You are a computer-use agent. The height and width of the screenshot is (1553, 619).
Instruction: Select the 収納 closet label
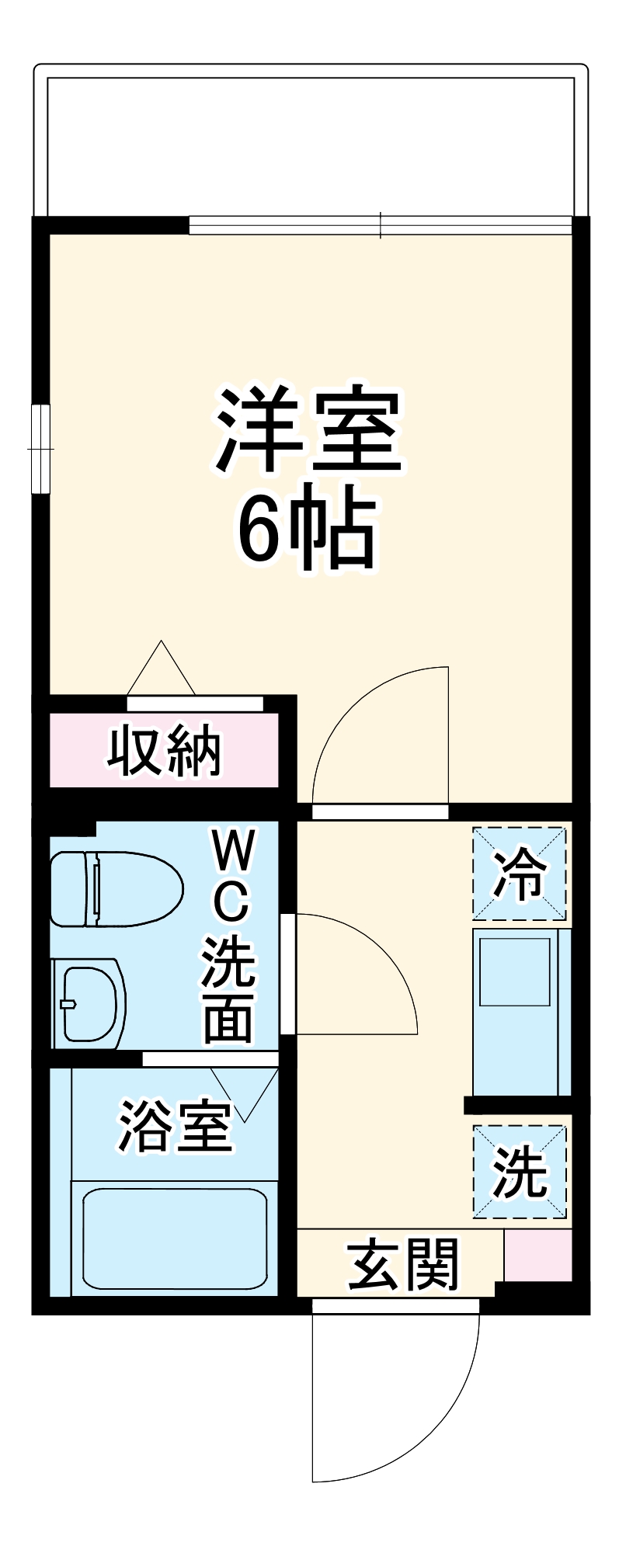[165, 751]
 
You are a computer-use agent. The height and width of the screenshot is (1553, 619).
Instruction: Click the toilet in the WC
[115, 889]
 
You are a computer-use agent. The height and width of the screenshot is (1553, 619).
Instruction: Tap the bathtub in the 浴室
[174, 1238]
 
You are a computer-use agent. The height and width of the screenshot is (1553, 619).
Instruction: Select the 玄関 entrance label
[402, 1265]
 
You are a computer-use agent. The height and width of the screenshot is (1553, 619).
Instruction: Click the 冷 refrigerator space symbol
[520, 874]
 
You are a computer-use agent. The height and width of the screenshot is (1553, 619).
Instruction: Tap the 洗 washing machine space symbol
[520, 1171]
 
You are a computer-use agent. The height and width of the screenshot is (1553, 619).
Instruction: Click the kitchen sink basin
[514, 971]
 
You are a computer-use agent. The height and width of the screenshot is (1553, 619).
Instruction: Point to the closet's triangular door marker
[161, 669]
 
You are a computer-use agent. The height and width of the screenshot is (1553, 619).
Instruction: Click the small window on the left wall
[39, 449]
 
